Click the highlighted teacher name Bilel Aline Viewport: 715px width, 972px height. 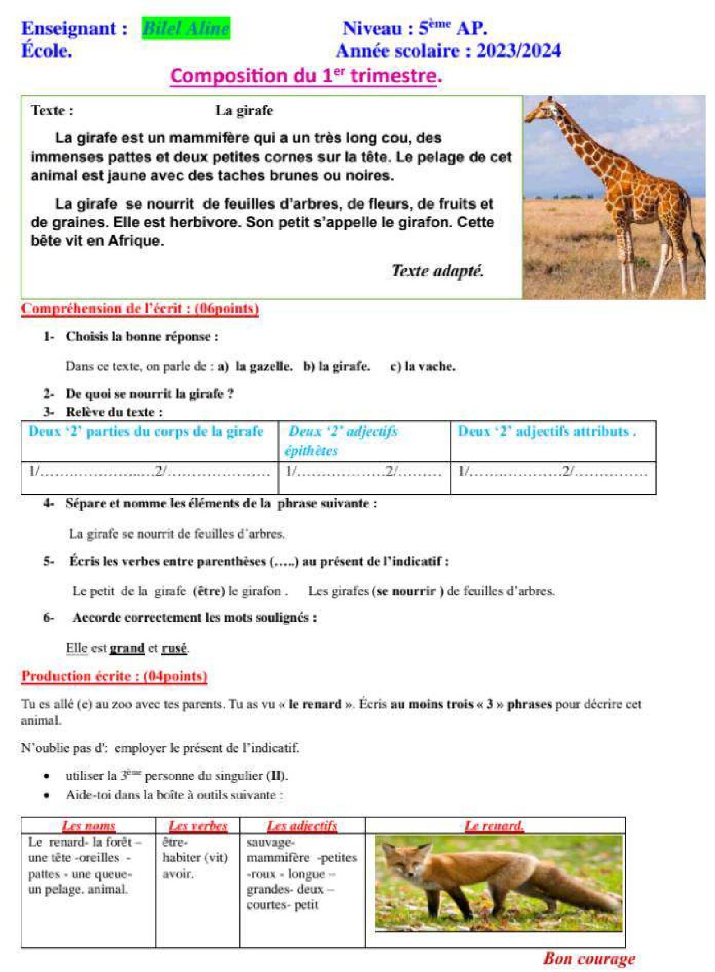[186, 28]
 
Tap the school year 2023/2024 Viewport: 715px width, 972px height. [518, 51]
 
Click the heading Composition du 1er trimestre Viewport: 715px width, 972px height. [306, 76]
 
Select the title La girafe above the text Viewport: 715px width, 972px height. [244, 110]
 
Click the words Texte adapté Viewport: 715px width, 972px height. [437, 270]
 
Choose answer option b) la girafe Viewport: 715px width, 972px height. [336, 366]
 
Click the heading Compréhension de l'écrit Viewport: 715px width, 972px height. [139, 309]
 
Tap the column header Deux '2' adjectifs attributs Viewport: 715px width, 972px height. [546, 431]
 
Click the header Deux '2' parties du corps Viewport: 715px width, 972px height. [146, 431]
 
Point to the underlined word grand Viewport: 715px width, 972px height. [127, 648]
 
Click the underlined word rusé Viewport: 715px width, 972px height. [174, 648]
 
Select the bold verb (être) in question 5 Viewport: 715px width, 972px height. [209, 591]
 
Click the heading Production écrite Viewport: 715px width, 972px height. [114, 676]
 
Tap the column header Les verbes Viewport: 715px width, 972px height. [198, 826]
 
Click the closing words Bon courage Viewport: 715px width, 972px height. [588, 959]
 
